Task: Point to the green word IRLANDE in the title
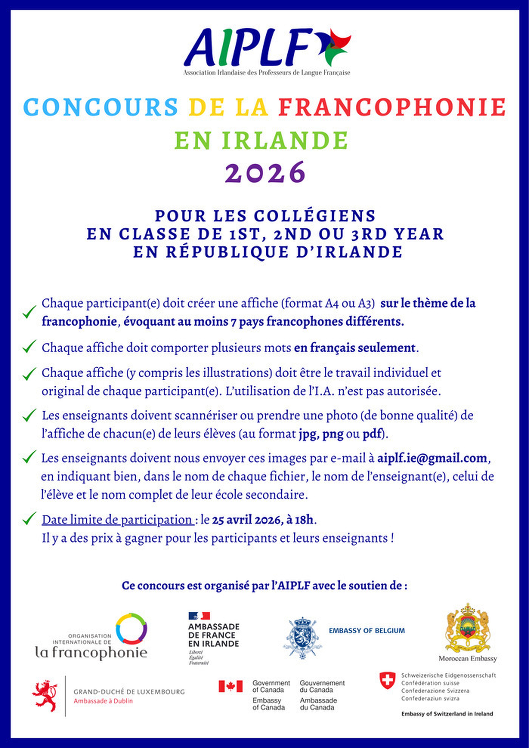[x=285, y=140]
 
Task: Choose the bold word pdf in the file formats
[x=372, y=434]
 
